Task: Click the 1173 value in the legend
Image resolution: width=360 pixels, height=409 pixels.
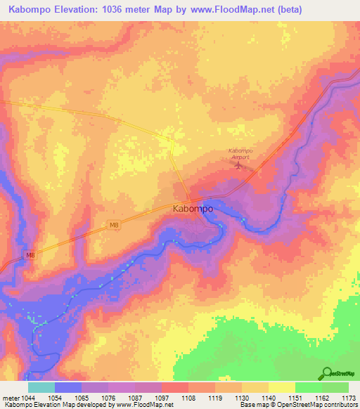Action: (349, 397)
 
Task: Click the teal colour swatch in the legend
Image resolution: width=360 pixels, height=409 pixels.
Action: (41, 387)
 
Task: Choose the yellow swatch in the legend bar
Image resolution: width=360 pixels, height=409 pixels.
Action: (281, 387)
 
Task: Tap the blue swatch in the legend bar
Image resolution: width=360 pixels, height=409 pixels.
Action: (67, 387)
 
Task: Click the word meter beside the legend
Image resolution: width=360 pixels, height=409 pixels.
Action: (11, 397)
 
